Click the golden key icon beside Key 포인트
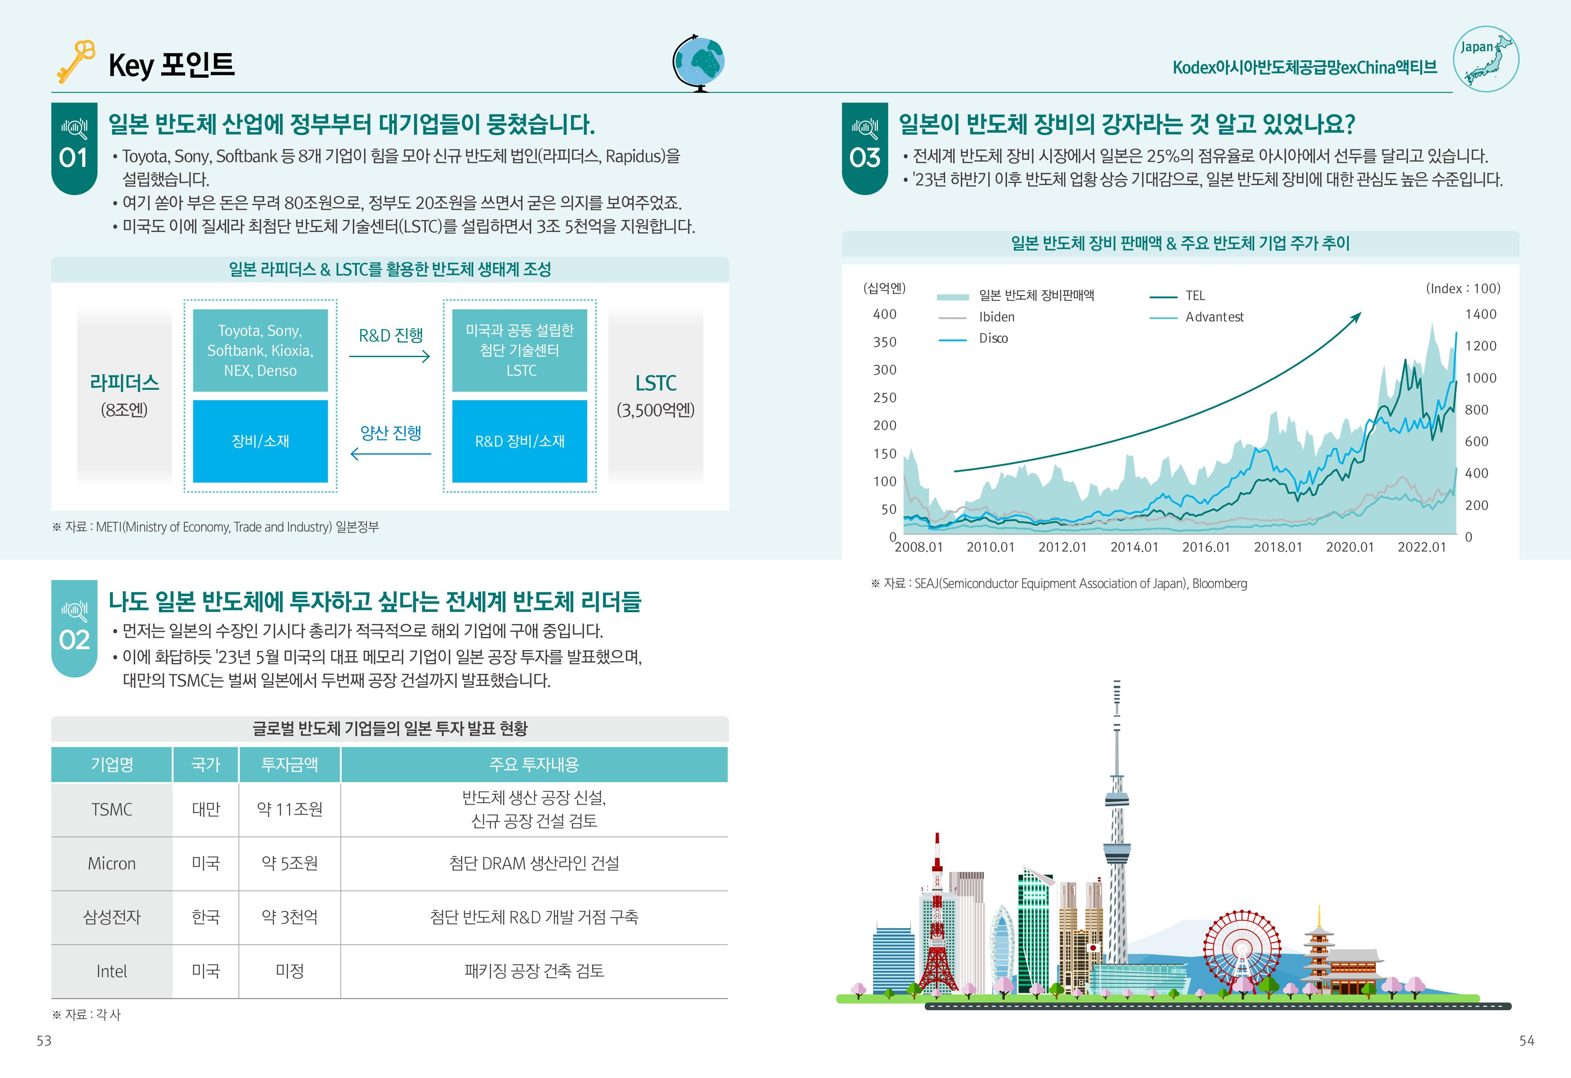pos(75,62)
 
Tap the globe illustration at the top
pos(699,62)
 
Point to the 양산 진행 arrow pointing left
pos(390,454)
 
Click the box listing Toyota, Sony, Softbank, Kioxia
pos(260,350)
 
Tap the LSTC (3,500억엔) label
pos(655,395)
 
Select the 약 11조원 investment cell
pos(289,809)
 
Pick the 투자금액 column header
pos(289,764)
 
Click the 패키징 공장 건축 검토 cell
pos(534,971)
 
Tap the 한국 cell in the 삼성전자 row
pos(206,917)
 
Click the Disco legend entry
pos(993,338)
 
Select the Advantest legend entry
pos(1214,317)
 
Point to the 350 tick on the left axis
pos(884,342)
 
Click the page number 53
pos(44,1041)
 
